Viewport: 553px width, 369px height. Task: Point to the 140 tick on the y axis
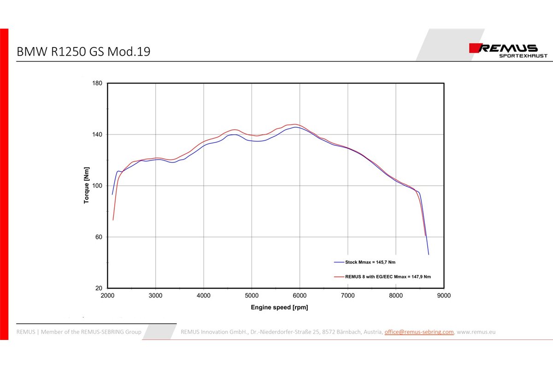[98, 135]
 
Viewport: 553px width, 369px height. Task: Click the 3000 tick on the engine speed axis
[155, 296]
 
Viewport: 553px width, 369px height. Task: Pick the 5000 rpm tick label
[252, 296]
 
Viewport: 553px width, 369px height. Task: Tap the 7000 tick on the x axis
[348, 296]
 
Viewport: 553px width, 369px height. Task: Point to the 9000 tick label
[444, 296]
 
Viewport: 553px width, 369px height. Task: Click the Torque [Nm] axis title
[86, 186]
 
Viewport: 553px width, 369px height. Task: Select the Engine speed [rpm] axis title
[279, 307]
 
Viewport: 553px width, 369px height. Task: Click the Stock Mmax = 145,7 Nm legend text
[371, 262]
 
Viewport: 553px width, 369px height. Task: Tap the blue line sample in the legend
[339, 262]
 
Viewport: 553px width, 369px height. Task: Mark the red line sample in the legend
[339, 277]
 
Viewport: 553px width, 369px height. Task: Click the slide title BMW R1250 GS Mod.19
[83, 52]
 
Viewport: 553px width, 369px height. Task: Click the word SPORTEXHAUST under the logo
[524, 56]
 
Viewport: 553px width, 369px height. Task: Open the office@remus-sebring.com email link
[419, 332]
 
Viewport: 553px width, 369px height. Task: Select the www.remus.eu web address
[476, 332]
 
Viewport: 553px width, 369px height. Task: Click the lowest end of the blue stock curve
[429, 254]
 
